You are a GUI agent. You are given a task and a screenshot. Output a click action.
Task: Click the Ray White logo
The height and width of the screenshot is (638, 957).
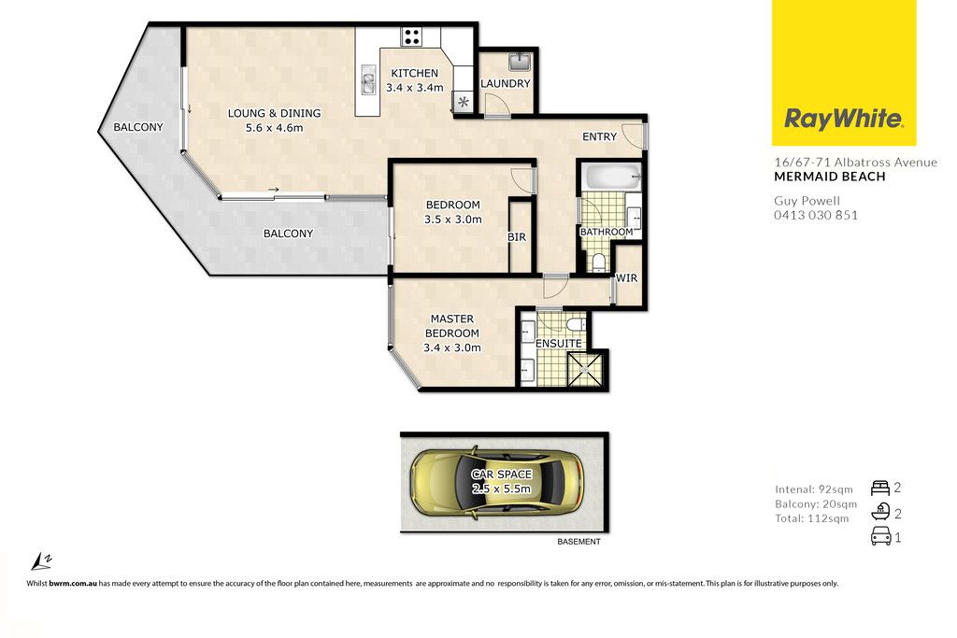[x=844, y=73]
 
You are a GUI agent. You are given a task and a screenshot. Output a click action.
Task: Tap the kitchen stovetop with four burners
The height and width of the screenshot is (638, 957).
[x=412, y=36]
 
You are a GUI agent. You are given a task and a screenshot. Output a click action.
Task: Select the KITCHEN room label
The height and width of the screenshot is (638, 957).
[x=414, y=73]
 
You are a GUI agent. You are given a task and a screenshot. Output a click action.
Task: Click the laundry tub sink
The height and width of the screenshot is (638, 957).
[x=520, y=63]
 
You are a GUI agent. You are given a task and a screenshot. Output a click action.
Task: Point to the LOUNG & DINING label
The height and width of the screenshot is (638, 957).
[x=274, y=113]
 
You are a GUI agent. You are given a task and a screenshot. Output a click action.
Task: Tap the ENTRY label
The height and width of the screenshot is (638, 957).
[x=599, y=136]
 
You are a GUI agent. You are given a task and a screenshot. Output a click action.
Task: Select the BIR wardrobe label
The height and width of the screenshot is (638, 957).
[x=517, y=237]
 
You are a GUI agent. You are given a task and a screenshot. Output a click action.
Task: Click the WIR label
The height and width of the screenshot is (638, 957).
[x=626, y=278]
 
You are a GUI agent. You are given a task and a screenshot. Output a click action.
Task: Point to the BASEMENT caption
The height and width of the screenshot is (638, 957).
[x=579, y=542]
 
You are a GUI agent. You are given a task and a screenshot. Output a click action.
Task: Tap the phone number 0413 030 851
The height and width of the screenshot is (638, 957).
[x=816, y=215]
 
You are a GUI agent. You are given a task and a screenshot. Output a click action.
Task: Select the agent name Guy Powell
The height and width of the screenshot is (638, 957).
[x=807, y=201]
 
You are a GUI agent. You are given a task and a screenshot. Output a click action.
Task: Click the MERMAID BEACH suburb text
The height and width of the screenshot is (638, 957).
[x=830, y=177]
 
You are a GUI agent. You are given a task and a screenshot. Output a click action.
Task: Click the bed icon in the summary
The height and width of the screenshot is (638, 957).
[x=880, y=488]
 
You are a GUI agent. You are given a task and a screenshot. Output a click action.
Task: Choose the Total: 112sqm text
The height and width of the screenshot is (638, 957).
[x=812, y=518]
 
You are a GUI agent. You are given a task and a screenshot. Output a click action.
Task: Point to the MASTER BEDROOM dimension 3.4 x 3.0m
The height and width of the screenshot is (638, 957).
[x=452, y=348]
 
